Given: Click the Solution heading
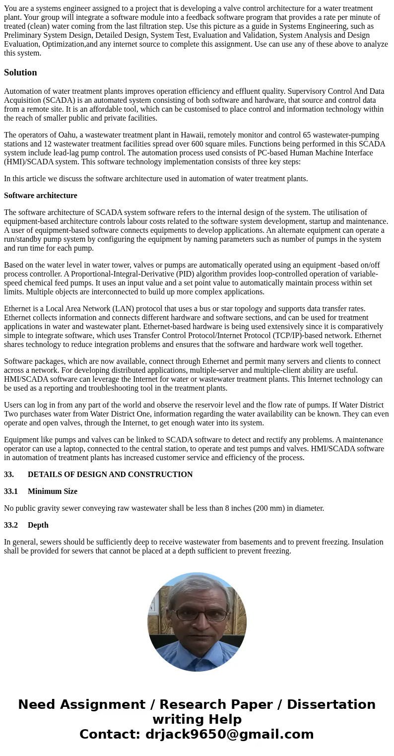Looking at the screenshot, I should pyautogui.click(x=20, y=72).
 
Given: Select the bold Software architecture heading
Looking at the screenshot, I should pyautogui.click(x=40, y=196).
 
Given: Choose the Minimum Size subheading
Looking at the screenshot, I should pyautogui.click(x=53, y=491).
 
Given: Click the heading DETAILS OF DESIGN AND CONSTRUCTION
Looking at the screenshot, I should pyautogui.click(x=110, y=475).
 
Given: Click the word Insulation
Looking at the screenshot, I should pyautogui.click(x=365, y=542).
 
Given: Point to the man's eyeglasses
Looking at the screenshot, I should pyautogui.click(x=197, y=615).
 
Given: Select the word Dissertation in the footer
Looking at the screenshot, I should pyautogui.click(x=331, y=705).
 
